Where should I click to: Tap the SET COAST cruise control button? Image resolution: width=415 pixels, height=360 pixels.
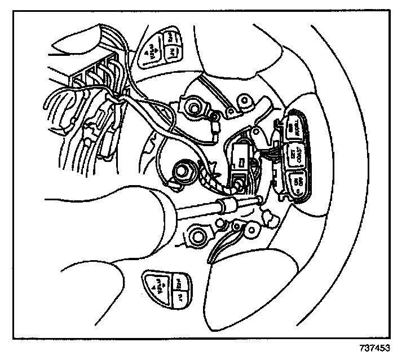pyautogui.click(x=294, y=155)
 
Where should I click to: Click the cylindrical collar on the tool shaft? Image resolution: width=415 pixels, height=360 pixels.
pyautogui.click(x=227, y=205)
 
